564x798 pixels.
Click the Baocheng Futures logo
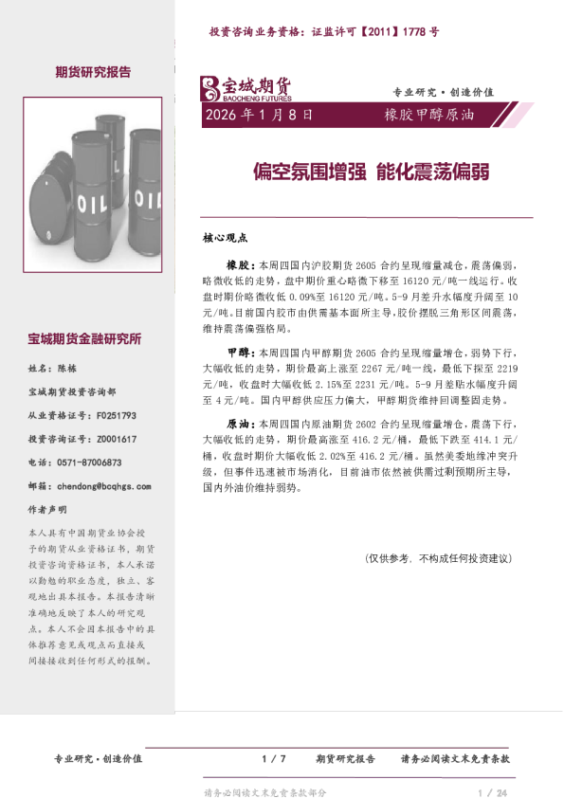click(245, 88)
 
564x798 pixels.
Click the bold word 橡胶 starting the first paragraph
click(237, 267)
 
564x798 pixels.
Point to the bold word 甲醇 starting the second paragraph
click(237, 350)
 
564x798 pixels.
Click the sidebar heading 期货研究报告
click(93, 71)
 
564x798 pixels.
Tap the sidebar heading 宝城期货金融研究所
click(85, 338)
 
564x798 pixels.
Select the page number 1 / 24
click(494, 792)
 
